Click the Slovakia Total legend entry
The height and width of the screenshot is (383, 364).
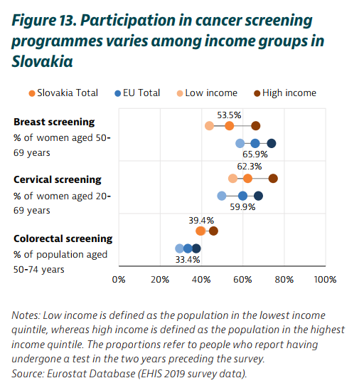[63, 93]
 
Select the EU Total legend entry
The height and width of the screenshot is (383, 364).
[137, 93]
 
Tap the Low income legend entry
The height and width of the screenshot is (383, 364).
[207, 93]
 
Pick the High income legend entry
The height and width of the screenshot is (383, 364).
[285, 93]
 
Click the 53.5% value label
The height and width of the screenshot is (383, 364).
[229, 115]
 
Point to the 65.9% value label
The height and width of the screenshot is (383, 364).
[255, 154]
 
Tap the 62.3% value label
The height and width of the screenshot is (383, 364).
[250, 167]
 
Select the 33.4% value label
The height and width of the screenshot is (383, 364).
[188, 260]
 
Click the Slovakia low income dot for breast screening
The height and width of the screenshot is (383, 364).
[209, 126]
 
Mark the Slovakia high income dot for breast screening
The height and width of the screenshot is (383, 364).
[256, 126]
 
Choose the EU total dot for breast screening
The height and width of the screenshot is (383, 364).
[255, 143]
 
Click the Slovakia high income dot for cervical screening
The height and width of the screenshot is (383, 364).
[273, 179]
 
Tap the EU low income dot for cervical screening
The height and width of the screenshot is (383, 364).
[222, 196]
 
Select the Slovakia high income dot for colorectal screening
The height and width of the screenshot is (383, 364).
[213, 231]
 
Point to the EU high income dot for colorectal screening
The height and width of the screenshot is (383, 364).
[196, 248]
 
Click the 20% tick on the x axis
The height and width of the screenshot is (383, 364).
[160, 280]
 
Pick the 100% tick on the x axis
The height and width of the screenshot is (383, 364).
[325, 280]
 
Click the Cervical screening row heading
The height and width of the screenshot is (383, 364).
[58, 180]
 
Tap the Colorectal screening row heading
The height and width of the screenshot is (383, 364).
[63, 238]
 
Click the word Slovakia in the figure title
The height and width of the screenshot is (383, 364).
[42, 61]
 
